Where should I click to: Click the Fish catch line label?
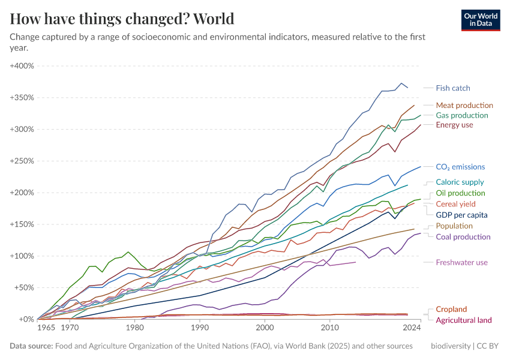coord(453,88)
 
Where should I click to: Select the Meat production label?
coord(464,105)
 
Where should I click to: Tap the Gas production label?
coord(462,115)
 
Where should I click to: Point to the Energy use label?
coord(454,125)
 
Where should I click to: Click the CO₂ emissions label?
coord(460,167)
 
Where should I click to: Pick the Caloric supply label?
coord(460,182)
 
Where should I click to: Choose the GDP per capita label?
coord(461,214)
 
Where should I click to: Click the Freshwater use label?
coord(461,262)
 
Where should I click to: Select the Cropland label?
coord(451,309)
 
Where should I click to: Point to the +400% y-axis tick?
coord(22,65)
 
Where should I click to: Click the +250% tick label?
coord(22,161)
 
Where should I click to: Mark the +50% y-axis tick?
coord(24,287)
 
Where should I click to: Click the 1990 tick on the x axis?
coord(199,328)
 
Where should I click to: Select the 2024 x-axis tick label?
coord(412,328)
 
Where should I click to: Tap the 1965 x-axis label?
coord(46,328)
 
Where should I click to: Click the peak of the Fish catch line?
coord(401,83)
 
